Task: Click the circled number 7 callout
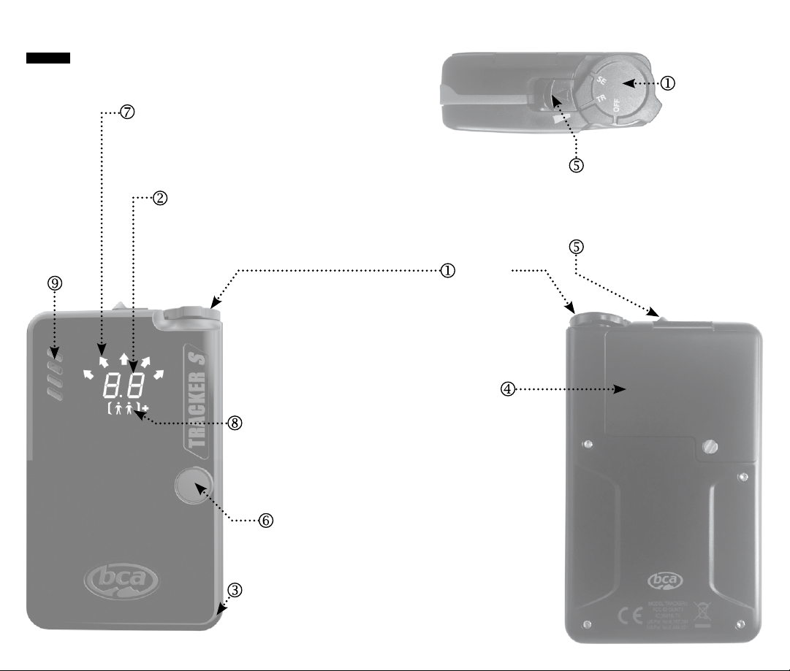point(128,112)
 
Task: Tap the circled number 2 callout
point(160,197)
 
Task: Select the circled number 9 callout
point(55,283)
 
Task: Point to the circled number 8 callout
point(235,423)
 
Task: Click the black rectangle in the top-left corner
point(48,58)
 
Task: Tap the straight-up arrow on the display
point(124,357)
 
